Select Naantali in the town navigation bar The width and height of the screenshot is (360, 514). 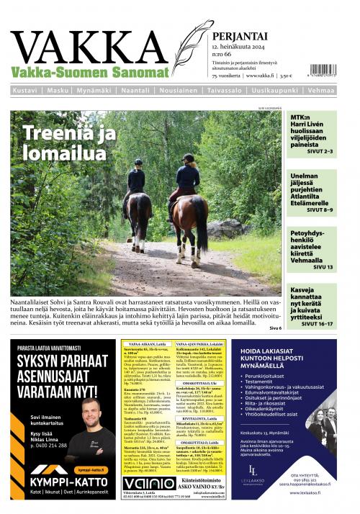click(x=141, y=91)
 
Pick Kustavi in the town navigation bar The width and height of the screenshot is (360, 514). click(x=27, y=91)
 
